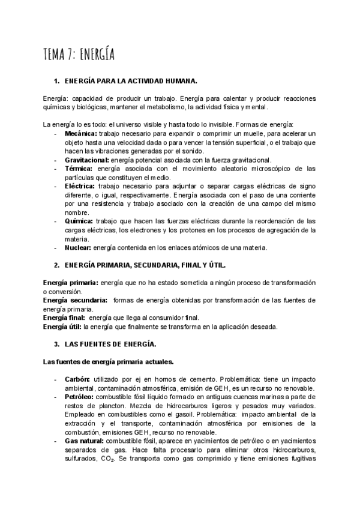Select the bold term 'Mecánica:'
pos(80,133)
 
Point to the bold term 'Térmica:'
pos(79,169)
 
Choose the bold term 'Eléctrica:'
pos(80,187)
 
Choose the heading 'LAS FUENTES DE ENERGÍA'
pos(110,345)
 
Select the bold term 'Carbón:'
pos(77,380)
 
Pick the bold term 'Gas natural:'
pos(83,441)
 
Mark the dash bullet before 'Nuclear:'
pos(56,247)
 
